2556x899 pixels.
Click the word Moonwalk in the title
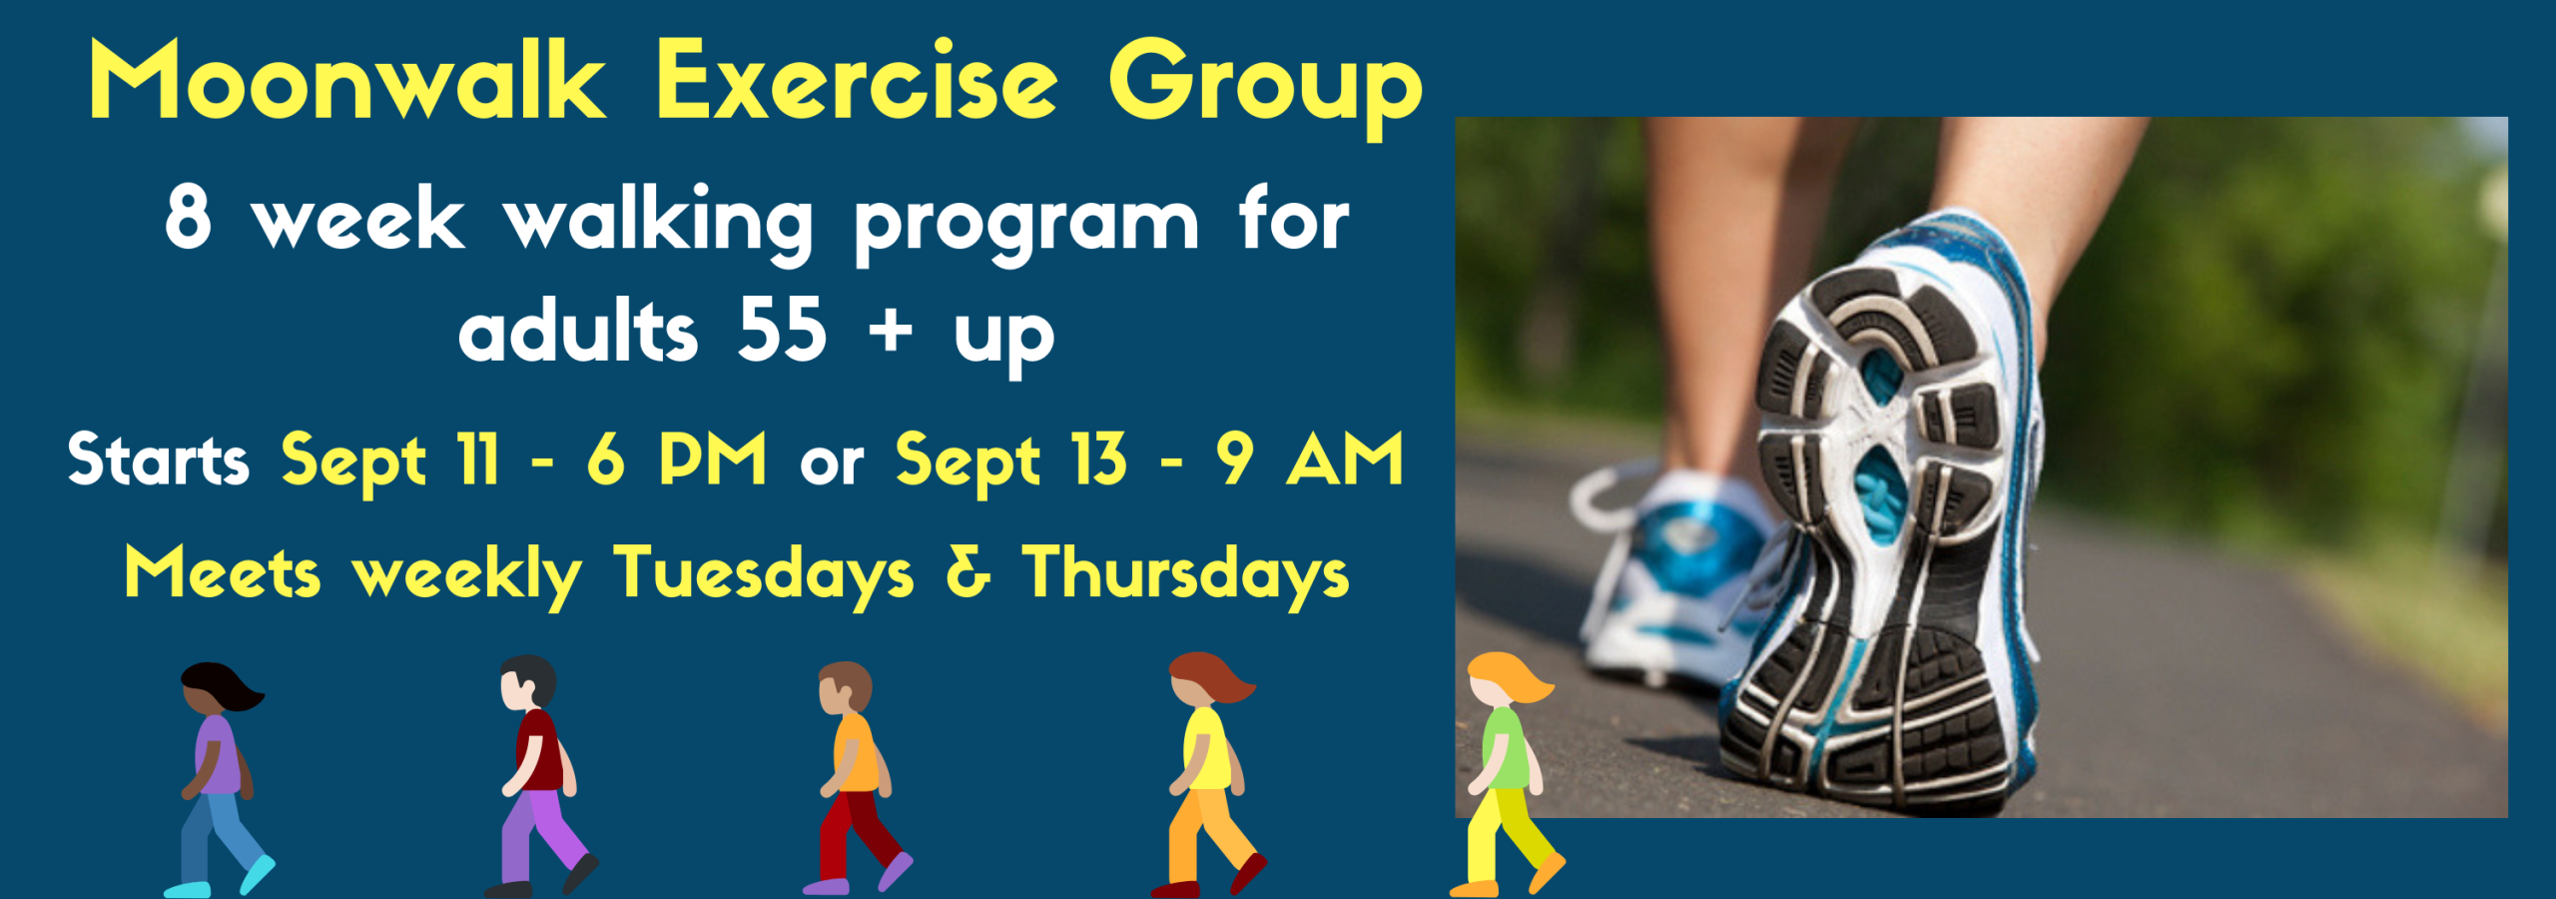click(346, 80)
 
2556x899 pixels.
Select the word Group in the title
click(1265, 85)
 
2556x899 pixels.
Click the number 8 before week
click(188, 218)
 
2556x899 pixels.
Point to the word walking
click(658, 222)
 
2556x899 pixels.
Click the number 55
click(782, 331)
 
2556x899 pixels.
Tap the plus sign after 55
click(891, 331)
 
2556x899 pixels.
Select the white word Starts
click(158, 460)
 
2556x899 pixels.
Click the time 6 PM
click(676, 459)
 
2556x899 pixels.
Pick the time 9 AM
click(1309, 459)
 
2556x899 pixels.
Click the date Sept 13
click(1010, 460)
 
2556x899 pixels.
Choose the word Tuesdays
click(763, 574)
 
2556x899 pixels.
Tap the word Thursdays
click(1185, 574)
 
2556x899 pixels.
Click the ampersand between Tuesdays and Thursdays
click(967, 572)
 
